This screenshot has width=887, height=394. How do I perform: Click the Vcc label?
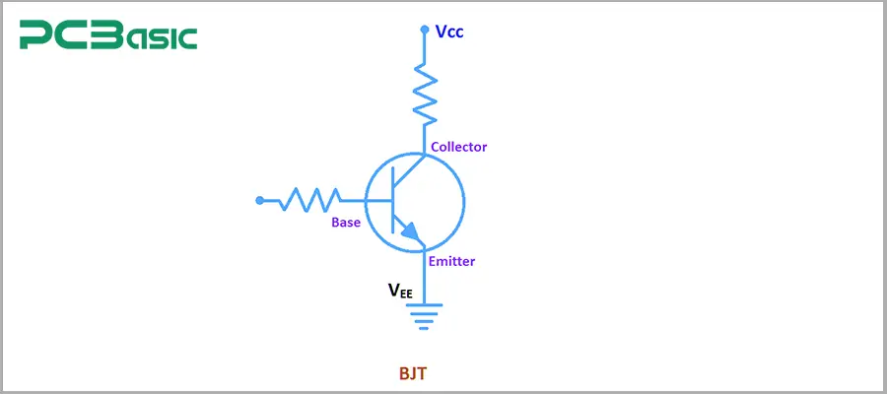[x=449, y=32]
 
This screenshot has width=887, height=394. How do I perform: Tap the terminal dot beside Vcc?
[x=425, y=30]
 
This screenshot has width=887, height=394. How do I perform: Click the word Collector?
[x=459, y=147]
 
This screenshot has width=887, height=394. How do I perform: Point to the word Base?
[x=346, y=223]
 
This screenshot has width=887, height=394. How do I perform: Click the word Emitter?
[x=452, y=261]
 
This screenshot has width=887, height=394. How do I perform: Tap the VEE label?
[x=400, y=291]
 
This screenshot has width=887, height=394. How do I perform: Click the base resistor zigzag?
[x=309, y=200]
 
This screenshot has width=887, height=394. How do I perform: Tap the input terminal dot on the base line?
[x=259, y=200]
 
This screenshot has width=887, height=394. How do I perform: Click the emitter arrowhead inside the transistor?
[x=413, y=234]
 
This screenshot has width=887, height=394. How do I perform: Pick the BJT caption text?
[x=413, y=374]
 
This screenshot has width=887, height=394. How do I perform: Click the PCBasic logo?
[x=108, y=36]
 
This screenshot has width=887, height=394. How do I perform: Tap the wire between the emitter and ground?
[x=425, y=281]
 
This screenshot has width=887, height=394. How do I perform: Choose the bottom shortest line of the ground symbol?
[x=425, y=326]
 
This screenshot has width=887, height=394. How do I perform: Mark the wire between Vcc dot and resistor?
[x=425, y=47]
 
